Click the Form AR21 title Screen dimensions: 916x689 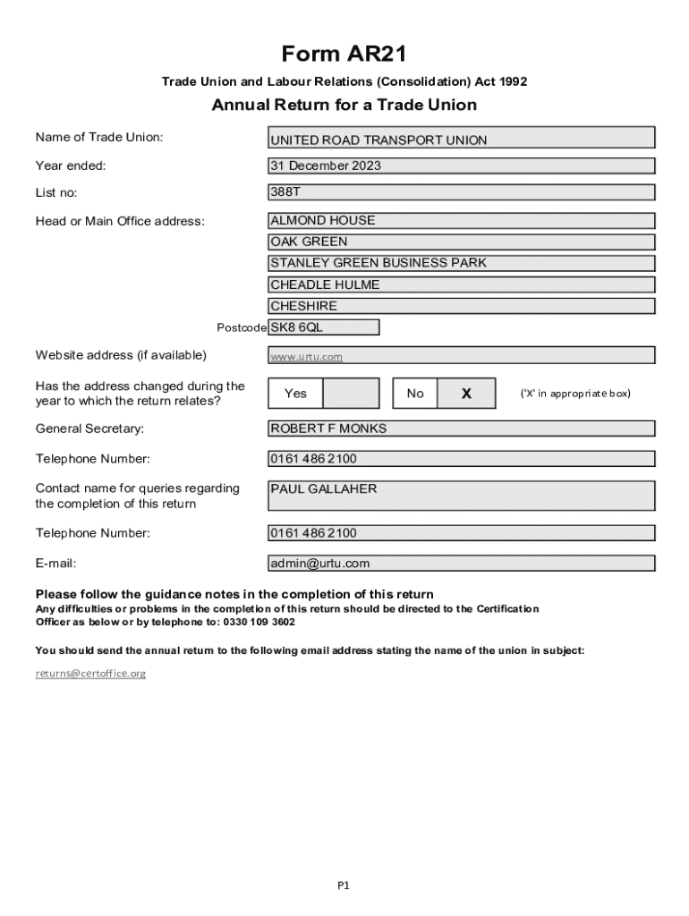pyautogui.click(x=344, y=55)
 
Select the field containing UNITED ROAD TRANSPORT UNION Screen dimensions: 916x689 pyautogui.click(x=462, y=139)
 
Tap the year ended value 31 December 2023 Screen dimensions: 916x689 pyautogui.click(x=462, y=165)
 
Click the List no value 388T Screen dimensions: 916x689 pyautogui.click(x=462, y=191)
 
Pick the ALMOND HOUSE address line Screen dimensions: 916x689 pyautogui.click(x=462, y=220)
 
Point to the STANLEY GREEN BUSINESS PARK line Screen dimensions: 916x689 pyautogui.click(x=462, y=263)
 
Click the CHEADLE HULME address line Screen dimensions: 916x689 pyautogui.click(x=462, y=284)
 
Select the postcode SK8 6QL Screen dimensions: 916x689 pyautogui.click(x=324, y=327)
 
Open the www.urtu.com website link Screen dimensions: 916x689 pyautogui.click(x=307, y=357)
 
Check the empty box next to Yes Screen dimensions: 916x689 pyautogui.click(x=350, y=393)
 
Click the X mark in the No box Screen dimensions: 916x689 pyautogui.click(x=466, y=393)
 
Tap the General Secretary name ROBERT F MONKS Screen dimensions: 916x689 pyautogui.click(x=462, y=428)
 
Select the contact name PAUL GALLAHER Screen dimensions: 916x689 pyautogui.click(x=462, y=495)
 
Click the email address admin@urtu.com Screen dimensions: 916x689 pyautogui.click(x=462, y=564)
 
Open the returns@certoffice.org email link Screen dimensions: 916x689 pyautogui.click(x=90, y=673)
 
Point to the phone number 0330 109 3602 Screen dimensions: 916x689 pyautogui.click(x=263, y=622)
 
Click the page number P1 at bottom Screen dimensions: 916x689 pyautogui.click(x=344, y=886)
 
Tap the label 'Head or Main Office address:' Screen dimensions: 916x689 pyautogui.click(x=120, y=221)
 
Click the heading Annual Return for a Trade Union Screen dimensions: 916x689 pyautogui.click(x=344, y=105)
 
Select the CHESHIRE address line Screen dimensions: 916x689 pyautogui.click(x=462, y=306)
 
